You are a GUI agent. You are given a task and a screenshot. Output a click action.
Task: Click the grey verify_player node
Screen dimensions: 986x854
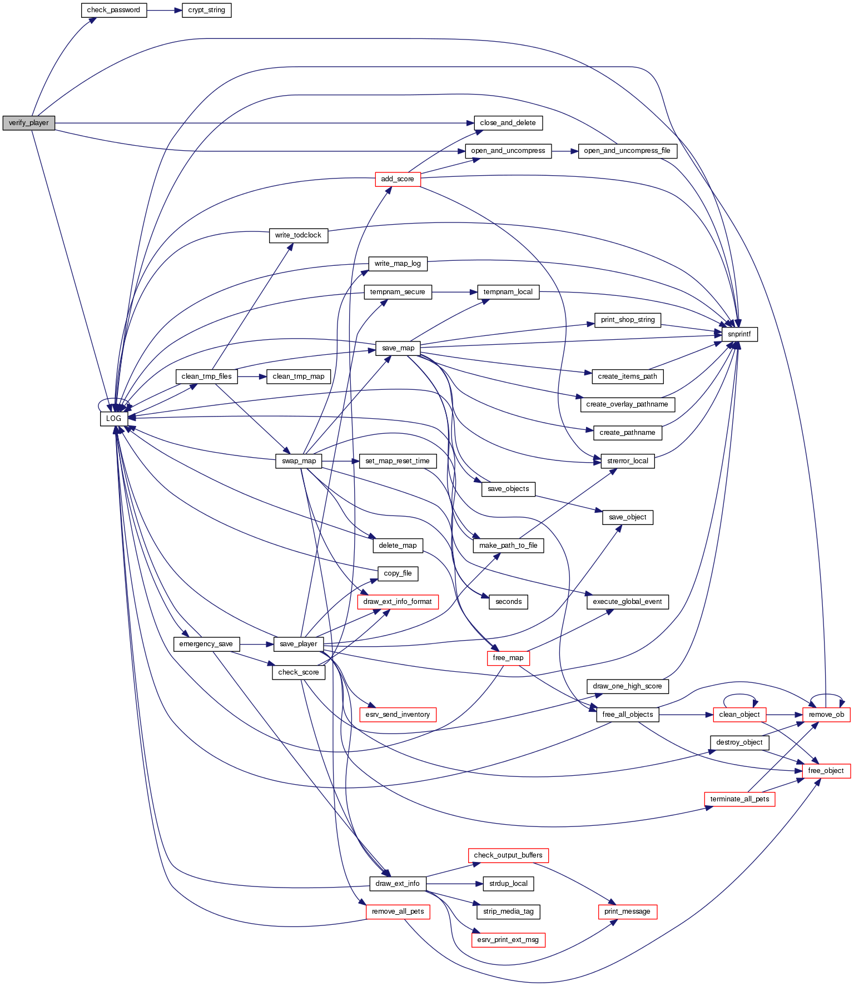[x=29, y=123]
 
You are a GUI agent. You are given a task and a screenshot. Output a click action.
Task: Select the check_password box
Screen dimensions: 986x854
[x=114, y=10]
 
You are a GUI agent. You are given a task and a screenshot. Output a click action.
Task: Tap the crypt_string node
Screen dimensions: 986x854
[x=206, y=10]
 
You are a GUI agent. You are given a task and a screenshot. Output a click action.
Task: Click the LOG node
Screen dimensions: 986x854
[x=113, y=418]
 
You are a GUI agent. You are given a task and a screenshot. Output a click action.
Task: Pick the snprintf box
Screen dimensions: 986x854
[x=739, y=334]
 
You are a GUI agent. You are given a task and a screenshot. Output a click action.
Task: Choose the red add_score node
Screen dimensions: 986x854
[x=398, y=179]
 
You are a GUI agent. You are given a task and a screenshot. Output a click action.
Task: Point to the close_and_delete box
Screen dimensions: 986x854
[x=508, y=123]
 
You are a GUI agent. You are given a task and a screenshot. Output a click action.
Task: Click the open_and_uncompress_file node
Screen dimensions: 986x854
[x=627, y=151]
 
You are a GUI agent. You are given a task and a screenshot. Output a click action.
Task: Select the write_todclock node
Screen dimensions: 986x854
[x=298, y=235]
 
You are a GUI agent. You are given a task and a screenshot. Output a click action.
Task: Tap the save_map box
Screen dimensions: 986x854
[x=398, y=348]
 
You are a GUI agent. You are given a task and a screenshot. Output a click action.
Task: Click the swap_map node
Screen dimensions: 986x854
[x=299, y=461]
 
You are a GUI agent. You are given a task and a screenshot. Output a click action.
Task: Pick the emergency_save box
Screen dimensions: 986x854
[x=206, y=644]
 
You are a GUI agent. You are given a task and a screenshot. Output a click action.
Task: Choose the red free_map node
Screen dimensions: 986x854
[x=508, y=658]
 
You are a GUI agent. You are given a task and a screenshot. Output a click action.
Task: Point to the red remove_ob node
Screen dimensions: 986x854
[x=826, y=715]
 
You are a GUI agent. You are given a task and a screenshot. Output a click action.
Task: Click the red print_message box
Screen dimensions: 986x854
[x=627, y=911]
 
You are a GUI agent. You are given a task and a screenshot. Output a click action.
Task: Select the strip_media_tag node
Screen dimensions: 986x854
[x=508, y=911]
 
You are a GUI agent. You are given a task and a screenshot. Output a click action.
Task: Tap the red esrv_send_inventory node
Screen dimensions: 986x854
[x=398, y=715]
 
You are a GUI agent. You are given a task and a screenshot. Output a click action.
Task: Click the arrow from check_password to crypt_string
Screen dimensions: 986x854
[x=165, y=10]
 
